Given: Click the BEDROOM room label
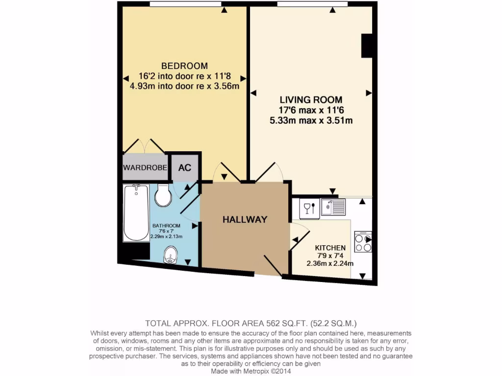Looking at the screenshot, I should point(184,66).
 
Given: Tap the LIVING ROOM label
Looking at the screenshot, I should point(311,100).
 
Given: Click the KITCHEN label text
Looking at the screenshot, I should point(330,248).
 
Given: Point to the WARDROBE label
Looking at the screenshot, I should point(146,167).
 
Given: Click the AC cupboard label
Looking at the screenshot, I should point(184,167).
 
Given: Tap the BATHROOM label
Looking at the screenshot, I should point(166,226).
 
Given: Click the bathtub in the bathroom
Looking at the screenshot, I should point(136,213).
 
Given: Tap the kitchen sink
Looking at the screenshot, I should point(333,207).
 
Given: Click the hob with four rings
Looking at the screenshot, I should point(363,242).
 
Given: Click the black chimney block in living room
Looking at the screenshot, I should point(368,46).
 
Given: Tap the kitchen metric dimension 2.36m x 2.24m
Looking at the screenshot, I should point(330,263).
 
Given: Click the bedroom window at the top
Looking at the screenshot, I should point(185,4).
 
